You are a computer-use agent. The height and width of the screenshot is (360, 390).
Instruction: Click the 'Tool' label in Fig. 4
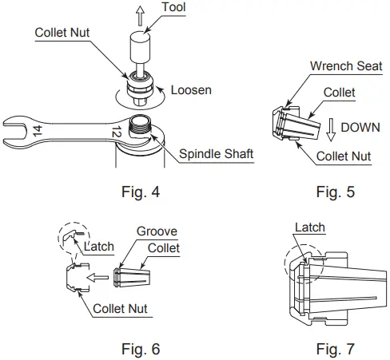coord(175,8)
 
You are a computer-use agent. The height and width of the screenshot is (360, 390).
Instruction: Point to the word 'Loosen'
coord(192,90)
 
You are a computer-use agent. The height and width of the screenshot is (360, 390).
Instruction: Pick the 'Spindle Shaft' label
coord(216,154)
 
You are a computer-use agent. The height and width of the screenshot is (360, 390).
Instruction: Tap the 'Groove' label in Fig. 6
coord(157,232)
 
